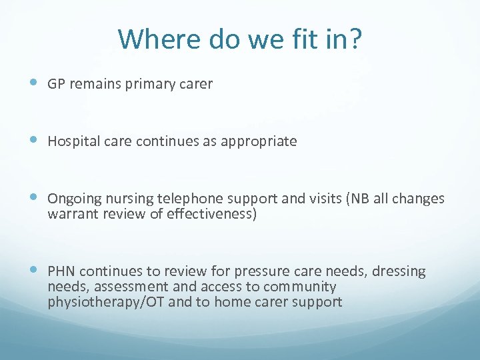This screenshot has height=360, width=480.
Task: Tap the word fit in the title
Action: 308,39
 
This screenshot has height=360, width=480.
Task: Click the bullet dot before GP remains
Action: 34,83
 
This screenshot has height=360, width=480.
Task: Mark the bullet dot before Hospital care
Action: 34,141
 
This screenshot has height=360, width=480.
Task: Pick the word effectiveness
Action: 211,215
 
